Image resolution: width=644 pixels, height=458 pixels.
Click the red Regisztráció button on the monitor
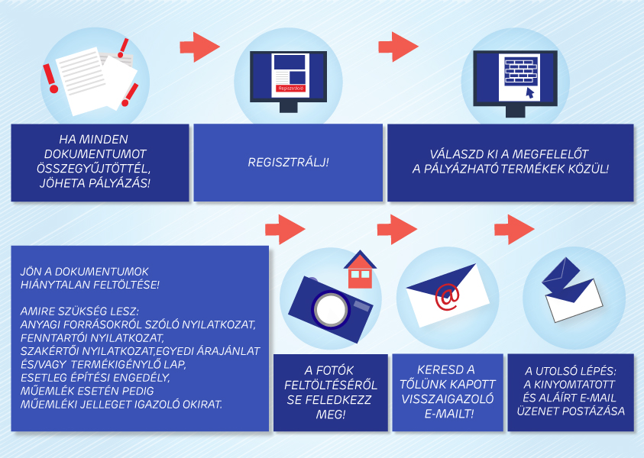click(x=290, y=89)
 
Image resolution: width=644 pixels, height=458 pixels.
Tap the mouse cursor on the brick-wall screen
click(x=530, y=93)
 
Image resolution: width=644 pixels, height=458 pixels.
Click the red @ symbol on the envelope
click(x=447, y=297)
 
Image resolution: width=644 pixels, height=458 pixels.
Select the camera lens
click(x=331, y=309)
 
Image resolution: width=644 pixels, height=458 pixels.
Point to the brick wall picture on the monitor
click(x=521, y=70)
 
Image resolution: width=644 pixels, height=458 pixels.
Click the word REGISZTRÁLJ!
click(x=288, y=163)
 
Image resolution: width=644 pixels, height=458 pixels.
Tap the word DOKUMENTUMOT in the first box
click(x=95, y=154)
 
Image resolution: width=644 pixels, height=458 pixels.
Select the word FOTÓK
click(x=335, y=370)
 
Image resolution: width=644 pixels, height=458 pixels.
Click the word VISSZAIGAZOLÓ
click(x=448, y=399)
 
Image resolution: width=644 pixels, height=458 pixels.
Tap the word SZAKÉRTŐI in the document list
click(x=50, y=351)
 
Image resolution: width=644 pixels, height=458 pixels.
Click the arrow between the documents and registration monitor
click(x=199, y=47)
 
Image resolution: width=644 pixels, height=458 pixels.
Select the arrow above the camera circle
click(x=285, y=229)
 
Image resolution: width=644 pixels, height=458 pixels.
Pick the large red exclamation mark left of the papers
click(x=50, y=78)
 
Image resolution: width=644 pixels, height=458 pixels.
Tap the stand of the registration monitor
click(x=288, y=107)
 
